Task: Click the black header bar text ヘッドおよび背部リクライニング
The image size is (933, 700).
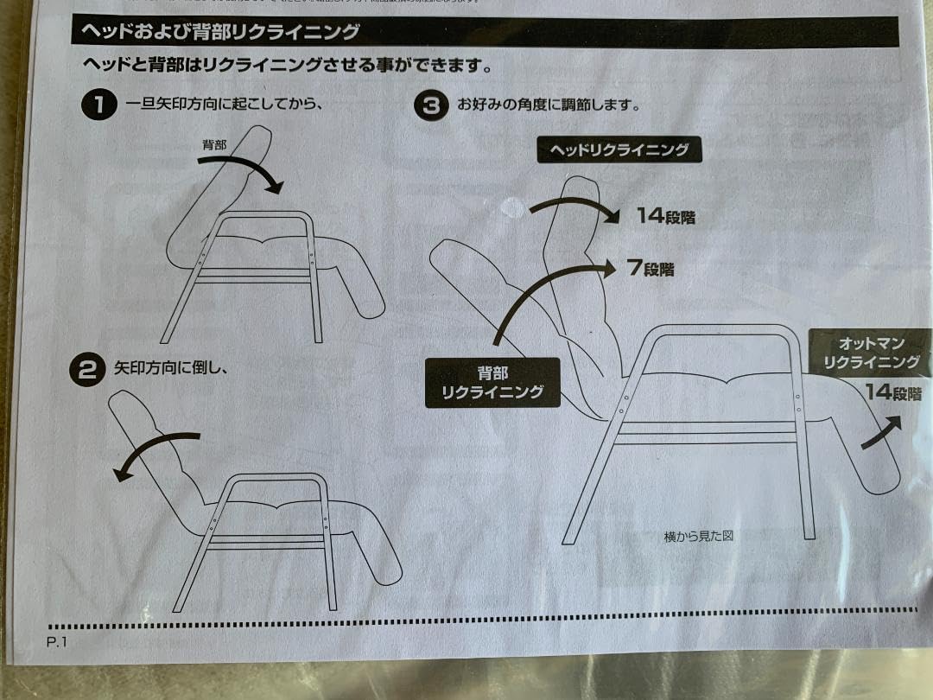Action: point(219,32)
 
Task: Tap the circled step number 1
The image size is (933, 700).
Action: point(98,105)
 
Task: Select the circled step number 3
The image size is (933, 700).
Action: point(431,105)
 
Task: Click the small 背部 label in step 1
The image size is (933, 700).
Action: point(214,145)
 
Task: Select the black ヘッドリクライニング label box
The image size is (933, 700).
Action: point(619,150)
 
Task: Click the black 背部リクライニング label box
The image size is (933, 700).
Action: point(492,383)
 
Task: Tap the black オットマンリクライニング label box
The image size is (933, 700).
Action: point(871,352)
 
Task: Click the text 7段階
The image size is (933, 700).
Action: point(651,269)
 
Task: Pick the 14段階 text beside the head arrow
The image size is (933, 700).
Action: point(665,216)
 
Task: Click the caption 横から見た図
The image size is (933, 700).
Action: point(698,536)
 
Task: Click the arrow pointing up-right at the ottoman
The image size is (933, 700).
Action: point(882,432)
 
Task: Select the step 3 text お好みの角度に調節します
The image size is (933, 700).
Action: point(547,105)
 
